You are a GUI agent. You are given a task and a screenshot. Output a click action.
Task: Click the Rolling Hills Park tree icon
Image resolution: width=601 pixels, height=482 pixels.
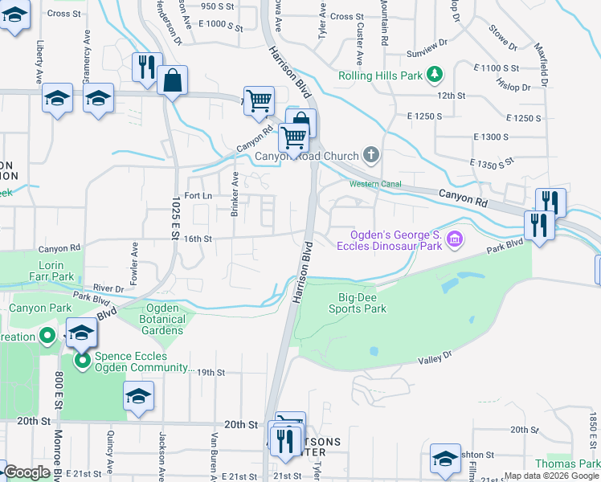(435, 75)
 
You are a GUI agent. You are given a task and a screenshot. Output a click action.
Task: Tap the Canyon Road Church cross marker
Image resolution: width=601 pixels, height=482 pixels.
(370, 153)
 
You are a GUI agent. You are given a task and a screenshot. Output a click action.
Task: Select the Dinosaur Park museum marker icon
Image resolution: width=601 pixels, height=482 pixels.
(455, 239)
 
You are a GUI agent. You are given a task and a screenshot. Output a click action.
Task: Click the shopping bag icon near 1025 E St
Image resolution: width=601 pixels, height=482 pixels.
(172, 80)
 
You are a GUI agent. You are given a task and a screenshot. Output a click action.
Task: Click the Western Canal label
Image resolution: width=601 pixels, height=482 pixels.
(375, 184)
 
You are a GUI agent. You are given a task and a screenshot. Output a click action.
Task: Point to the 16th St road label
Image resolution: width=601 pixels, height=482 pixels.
(197, 239)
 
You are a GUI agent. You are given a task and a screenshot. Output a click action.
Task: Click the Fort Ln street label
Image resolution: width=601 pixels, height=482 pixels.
(198, 195)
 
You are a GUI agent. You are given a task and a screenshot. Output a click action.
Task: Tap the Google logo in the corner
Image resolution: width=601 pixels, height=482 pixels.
(27, 472)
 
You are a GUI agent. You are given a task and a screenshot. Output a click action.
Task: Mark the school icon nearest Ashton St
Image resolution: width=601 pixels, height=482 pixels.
(444, 459)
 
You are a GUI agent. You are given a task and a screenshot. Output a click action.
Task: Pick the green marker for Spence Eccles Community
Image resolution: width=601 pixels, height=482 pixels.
(82, 361)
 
